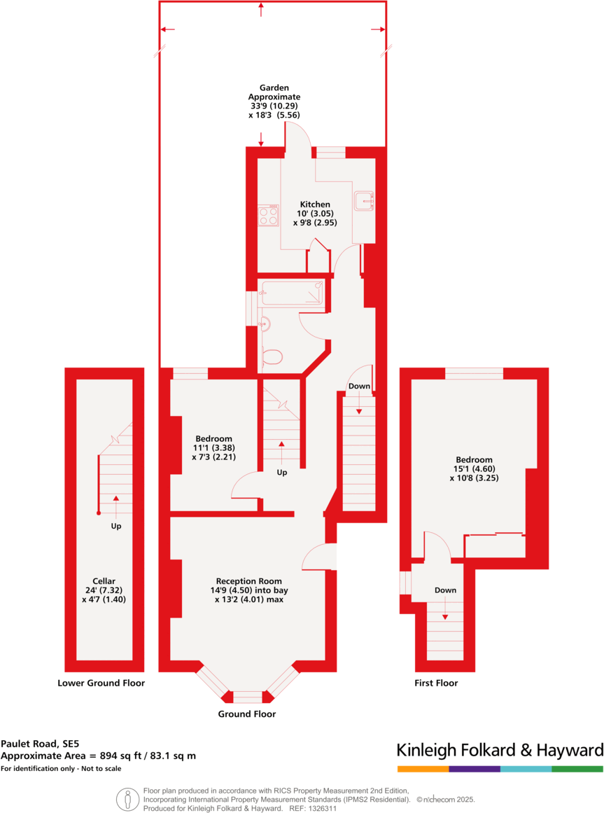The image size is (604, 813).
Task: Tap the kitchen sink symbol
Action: [365, 201]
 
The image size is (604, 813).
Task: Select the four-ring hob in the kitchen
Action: [267, 215]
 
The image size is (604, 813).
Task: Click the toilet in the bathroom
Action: [272, 358]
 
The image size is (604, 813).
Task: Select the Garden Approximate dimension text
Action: [274, 102]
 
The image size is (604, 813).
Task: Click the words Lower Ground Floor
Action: [101, 683]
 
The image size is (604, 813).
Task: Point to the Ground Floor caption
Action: [246, 714]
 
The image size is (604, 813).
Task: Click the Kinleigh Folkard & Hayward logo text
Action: [500, 751]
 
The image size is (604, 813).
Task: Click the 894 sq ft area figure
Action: [126, 756]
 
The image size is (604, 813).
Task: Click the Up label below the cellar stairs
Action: [116, 526]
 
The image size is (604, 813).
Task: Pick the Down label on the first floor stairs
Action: [445, 590]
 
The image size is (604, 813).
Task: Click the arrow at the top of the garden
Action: [261, 8]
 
